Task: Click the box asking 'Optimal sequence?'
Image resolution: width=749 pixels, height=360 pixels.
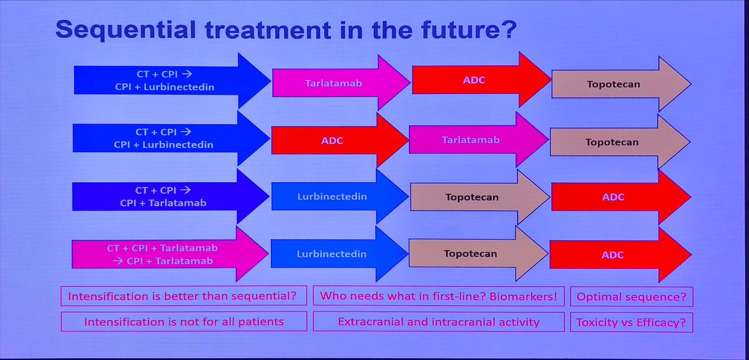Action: click(632, 296)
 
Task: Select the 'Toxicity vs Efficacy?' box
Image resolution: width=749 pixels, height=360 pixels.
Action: click(632, 322)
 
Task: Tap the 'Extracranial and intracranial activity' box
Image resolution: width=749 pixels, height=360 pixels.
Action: click(439, 322)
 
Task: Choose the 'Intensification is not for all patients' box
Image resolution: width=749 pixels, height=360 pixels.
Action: click(184, 322)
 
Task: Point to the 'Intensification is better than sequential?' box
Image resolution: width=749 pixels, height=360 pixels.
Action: click(184, 296)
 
